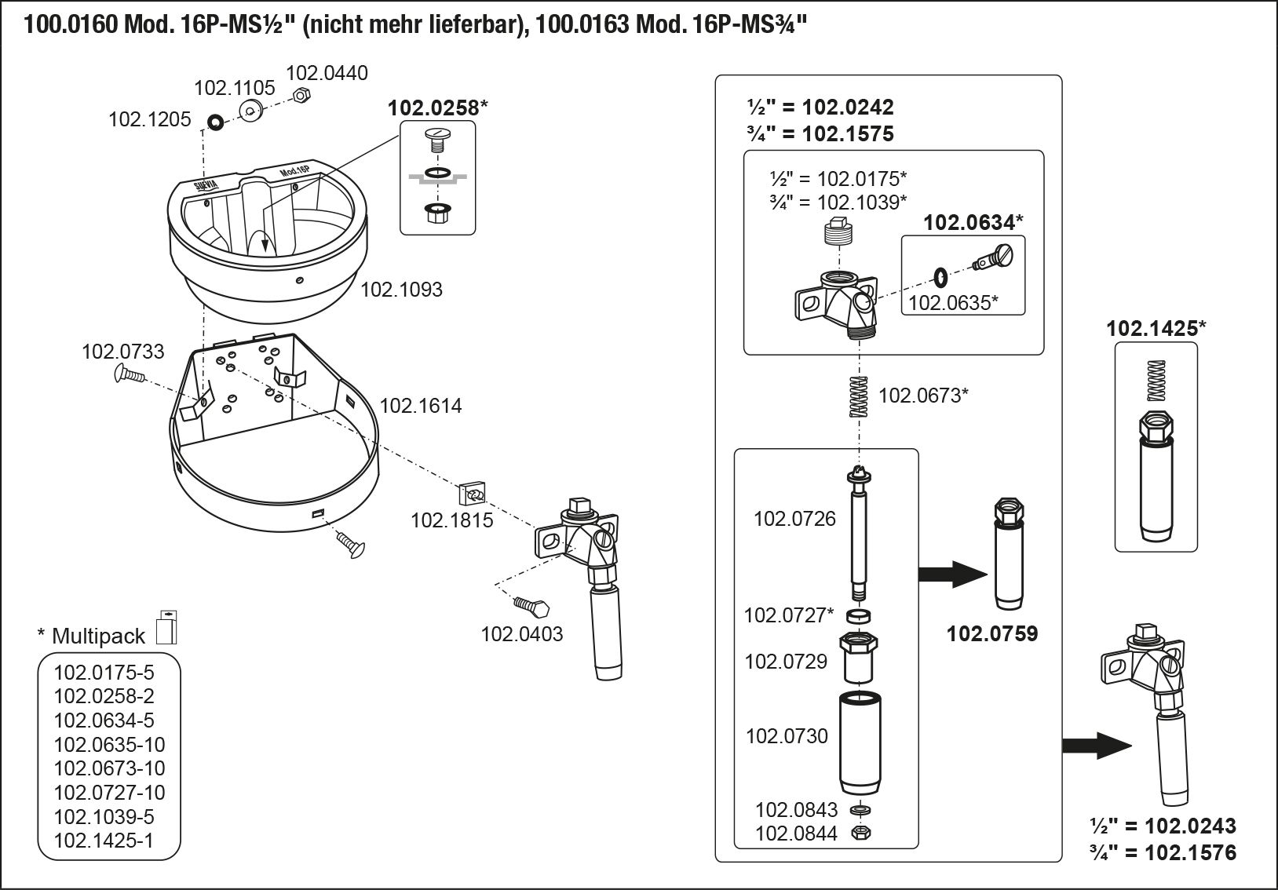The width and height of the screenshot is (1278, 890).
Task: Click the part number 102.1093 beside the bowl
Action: coord(402,290)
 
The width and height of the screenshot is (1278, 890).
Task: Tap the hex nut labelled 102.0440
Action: coord(301,95)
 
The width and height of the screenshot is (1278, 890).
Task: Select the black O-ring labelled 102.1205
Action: coord(215,122)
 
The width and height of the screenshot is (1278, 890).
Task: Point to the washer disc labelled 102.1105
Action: coord(251,110)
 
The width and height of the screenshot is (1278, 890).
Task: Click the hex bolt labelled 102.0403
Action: coord(531,606)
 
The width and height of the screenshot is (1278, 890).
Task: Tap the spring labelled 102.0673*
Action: coord(860,396)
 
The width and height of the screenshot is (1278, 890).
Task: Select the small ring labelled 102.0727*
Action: coord(858,616)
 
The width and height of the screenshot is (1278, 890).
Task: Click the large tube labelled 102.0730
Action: coord(860,742)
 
